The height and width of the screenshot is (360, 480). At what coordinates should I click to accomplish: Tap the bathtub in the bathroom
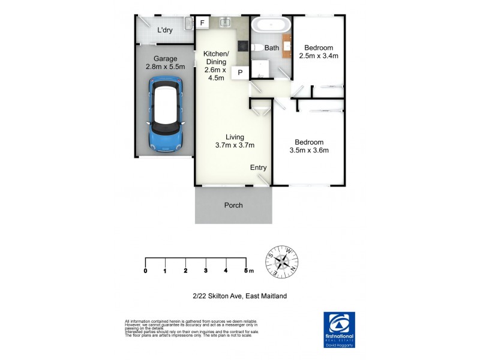[271, 26]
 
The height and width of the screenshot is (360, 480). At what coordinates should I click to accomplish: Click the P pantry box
[240, 73]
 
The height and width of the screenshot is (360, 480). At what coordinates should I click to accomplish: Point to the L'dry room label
[165, 30]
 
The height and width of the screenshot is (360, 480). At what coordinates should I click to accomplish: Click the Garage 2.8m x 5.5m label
[164, 63]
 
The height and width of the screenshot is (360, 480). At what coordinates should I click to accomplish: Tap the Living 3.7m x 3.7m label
[235, 140]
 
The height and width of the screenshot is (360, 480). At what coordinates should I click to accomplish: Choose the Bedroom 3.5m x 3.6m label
[309, 146]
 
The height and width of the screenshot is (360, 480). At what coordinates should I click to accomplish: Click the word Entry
[258, 167]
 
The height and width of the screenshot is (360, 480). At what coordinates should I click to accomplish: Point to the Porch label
[233, 205]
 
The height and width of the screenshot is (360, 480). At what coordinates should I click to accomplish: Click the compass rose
[282, 262]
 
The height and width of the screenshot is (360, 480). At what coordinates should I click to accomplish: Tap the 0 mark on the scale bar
[146, 271]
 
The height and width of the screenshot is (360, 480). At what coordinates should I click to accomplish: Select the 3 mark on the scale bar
[206, 271]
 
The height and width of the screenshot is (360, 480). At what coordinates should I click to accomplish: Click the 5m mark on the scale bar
[248, 271]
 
